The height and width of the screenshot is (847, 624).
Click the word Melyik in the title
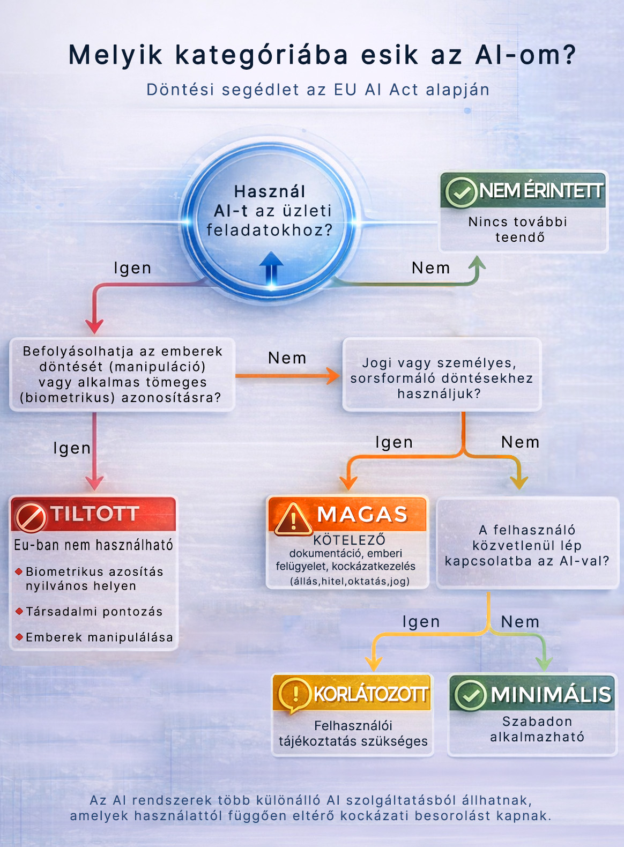[115, 55]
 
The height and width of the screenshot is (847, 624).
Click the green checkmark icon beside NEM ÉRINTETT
[460, 191]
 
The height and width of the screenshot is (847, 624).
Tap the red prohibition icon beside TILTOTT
[30, 516]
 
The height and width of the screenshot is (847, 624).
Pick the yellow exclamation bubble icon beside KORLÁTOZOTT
[294, 694]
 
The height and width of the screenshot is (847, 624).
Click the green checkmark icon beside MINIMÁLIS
[470, 695]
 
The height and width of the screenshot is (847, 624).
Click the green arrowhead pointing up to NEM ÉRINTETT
[477, 263]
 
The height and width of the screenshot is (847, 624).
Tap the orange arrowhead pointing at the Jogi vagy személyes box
[333, 376]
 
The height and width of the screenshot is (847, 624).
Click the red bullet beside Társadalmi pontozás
[19, 611]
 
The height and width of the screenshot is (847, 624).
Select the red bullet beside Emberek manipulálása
[19, 637]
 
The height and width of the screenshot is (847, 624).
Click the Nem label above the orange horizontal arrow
[287, 358]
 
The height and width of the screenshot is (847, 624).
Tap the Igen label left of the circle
[132, 268]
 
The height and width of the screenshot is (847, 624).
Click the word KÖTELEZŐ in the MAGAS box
[349, 540]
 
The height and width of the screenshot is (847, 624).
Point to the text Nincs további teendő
[518, 229]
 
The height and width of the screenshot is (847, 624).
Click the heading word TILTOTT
[95, 514]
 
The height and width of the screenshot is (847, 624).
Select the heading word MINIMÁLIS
[551, 694]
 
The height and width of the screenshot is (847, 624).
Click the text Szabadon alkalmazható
[537, 729]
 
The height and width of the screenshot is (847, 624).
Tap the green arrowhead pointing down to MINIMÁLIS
[544, 664]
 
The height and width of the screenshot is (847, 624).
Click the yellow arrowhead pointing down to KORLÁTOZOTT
[374, 664]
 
